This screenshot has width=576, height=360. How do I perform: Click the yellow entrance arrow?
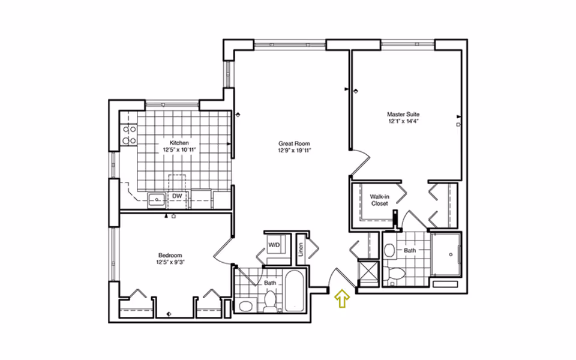(x=342, y=298)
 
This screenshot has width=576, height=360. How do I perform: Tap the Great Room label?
(x=294, y=143)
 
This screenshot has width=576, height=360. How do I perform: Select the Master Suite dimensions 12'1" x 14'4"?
(x=403, y=121)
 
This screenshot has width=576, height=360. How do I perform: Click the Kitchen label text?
(x=179, y=143)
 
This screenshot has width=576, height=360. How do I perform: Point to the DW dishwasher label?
(x=177, y=196)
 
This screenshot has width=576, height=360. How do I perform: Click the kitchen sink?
(x=157, y=200)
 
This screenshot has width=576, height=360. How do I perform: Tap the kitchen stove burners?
(x=130, y=135)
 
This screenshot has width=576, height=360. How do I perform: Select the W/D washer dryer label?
(x=274, y=245)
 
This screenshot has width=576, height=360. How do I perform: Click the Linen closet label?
(x=301, y=250)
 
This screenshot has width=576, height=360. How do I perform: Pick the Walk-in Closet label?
(x=379, y=200)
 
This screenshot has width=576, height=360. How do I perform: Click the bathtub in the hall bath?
(x=295, y=291)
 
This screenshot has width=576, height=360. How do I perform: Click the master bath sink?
(x=389, y=251)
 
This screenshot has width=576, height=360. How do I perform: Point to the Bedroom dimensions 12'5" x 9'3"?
(x=170, y=262)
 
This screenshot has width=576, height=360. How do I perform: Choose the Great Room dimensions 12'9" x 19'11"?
(x=294, y=150)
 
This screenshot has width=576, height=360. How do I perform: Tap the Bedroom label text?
(x=170, y=256)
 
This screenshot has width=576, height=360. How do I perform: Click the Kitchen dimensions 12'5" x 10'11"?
(x=179, y=149)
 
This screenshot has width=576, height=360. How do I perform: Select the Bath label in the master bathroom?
(x=410, y=250)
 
